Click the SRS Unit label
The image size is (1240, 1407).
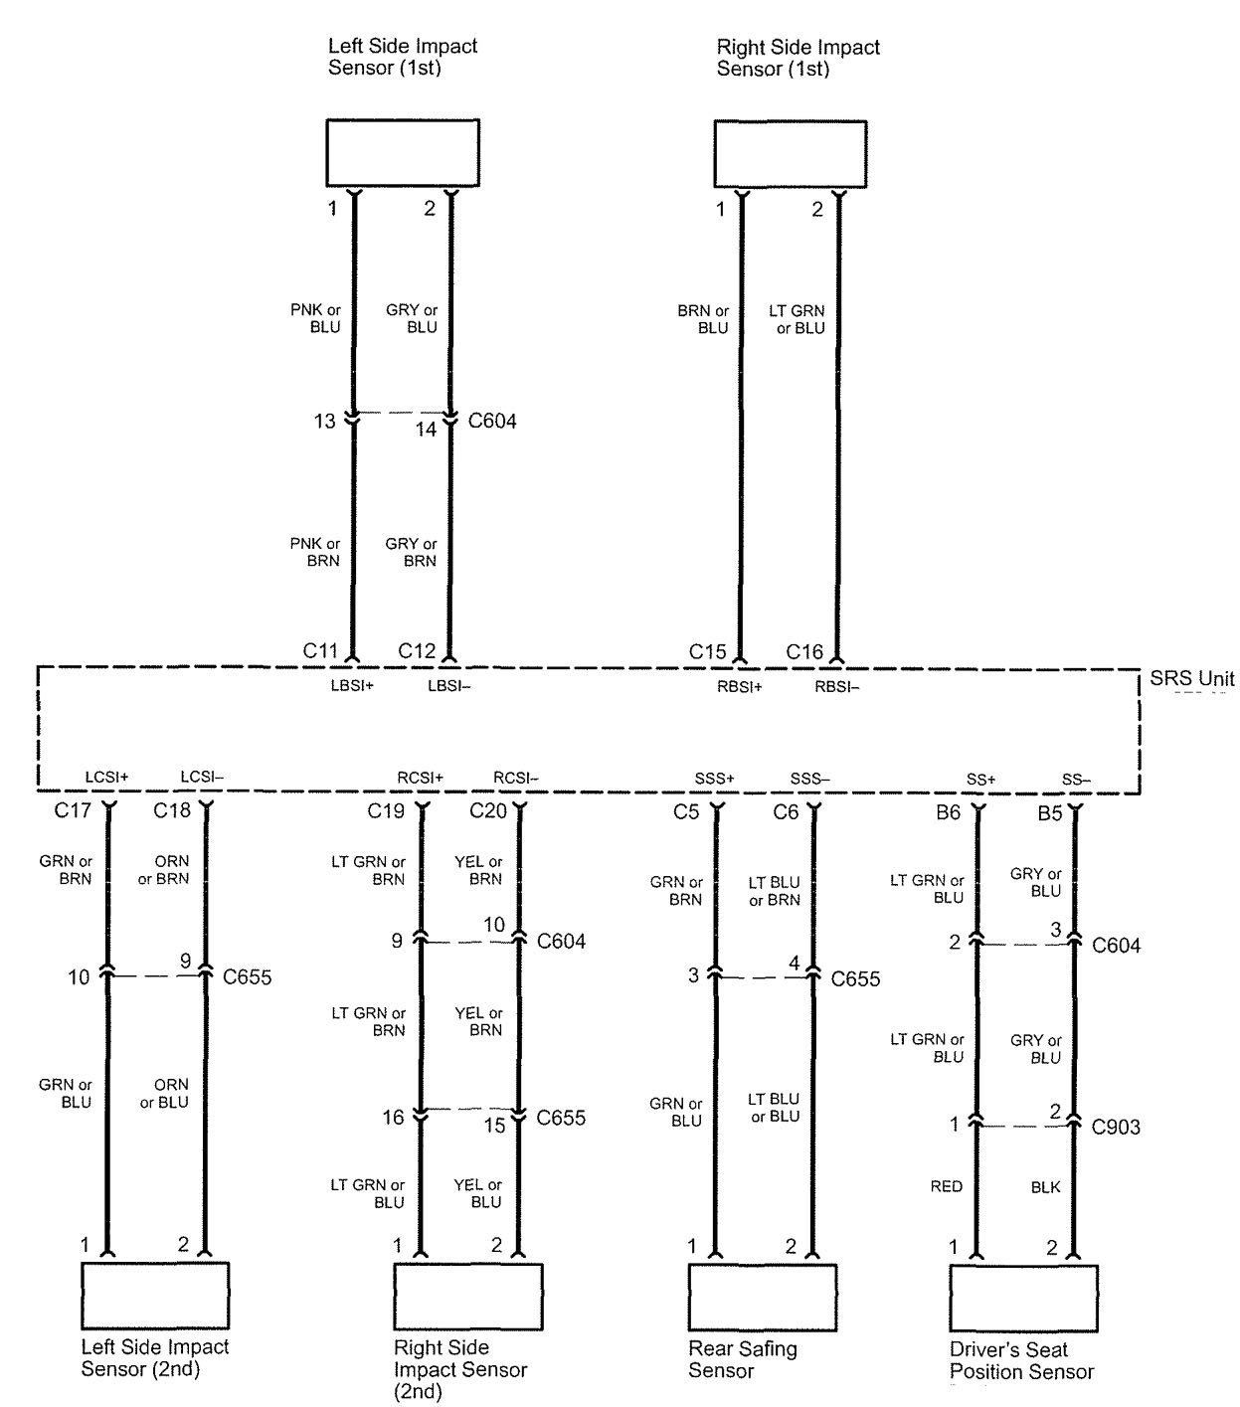(x=1192, y=679)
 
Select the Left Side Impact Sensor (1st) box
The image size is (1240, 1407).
(x=403, y=154)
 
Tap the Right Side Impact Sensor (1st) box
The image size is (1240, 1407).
(x=790, y=154)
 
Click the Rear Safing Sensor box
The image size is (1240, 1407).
(x=763, y=1297)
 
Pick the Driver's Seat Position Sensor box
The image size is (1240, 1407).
(x=1023, y=1298)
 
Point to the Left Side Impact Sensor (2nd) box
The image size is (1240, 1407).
(x=155, y=1296)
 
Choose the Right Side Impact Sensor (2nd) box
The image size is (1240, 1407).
(x=468, y=1297)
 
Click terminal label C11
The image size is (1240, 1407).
(x=321, y=651)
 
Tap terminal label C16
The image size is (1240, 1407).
(x=804, y=652)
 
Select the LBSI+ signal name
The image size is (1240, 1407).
(x=352, y=685)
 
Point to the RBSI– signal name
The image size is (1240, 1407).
(x=837, y=685)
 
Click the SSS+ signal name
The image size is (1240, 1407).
(x=714, y=779)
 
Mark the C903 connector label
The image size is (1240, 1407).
(x=1116, y=1128)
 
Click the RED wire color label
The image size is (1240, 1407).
(x=947, y=1186)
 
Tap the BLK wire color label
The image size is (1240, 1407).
(x=1045, y=1186)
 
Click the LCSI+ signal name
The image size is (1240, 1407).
(x=107, y=777)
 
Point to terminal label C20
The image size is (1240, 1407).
(x=487, y=811)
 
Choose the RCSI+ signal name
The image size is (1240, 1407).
(x=420, y=778)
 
